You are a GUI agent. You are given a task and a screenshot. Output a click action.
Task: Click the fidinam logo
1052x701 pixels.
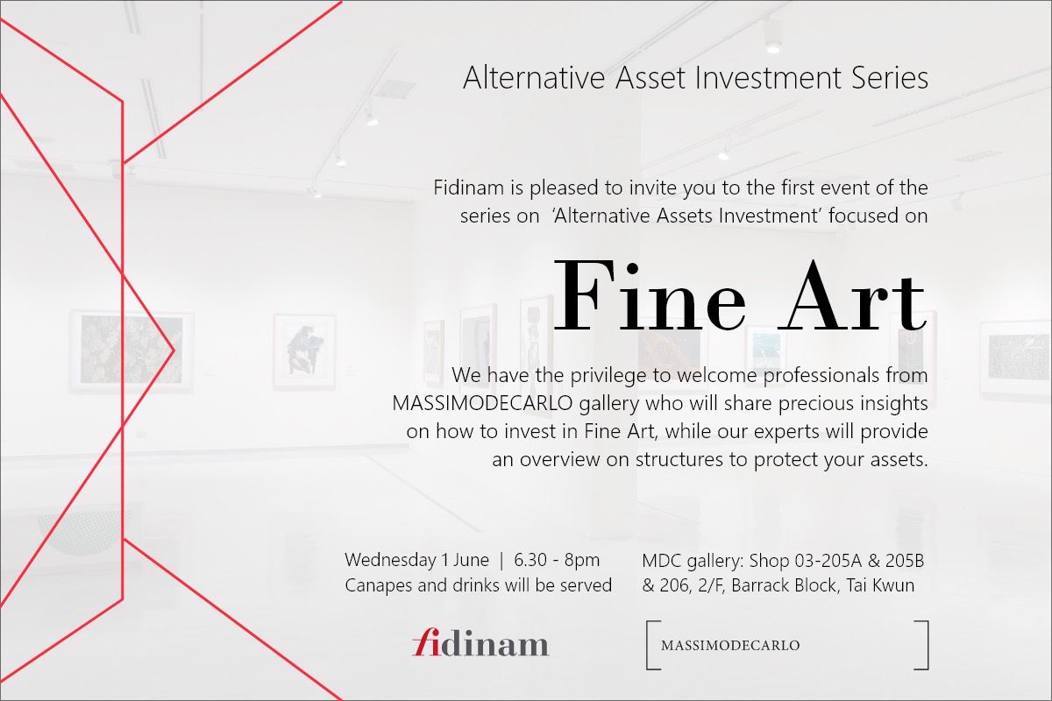480,642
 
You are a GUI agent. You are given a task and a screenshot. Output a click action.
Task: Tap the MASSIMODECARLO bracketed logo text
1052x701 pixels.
730,646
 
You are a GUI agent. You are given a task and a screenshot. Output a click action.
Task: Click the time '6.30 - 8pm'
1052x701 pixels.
557,560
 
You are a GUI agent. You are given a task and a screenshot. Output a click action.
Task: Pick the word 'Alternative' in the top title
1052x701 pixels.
534,77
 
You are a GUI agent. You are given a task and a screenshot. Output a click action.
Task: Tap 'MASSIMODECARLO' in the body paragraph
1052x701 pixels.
482,404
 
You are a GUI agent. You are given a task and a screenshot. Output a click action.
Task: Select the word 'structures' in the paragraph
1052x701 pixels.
679,460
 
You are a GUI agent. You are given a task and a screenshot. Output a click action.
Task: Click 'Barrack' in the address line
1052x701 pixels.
760,585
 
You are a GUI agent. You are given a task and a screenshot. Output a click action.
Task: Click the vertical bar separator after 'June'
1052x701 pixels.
501,561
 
